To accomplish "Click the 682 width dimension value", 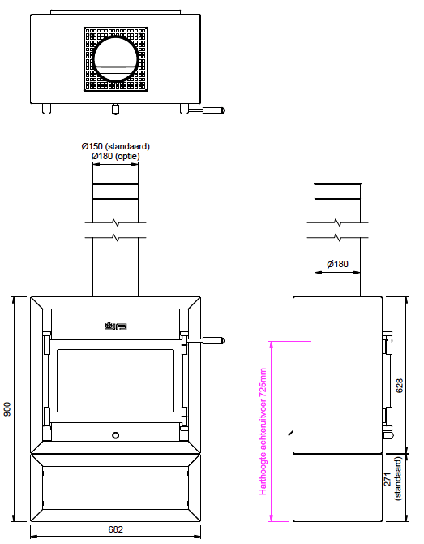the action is pos(115,529).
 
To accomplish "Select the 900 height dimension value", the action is pos(7,409).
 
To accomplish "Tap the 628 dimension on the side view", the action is pos(399,386).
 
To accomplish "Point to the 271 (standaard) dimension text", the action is pos(393,478).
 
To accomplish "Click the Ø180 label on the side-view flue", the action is pos(337,264).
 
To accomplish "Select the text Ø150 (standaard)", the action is pos(116,146).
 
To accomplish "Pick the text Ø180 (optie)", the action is pos(116,156).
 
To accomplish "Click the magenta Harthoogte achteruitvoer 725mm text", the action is pos(263,432).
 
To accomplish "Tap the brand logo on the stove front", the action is pos(116,326).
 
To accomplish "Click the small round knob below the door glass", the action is pos(116,435).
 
